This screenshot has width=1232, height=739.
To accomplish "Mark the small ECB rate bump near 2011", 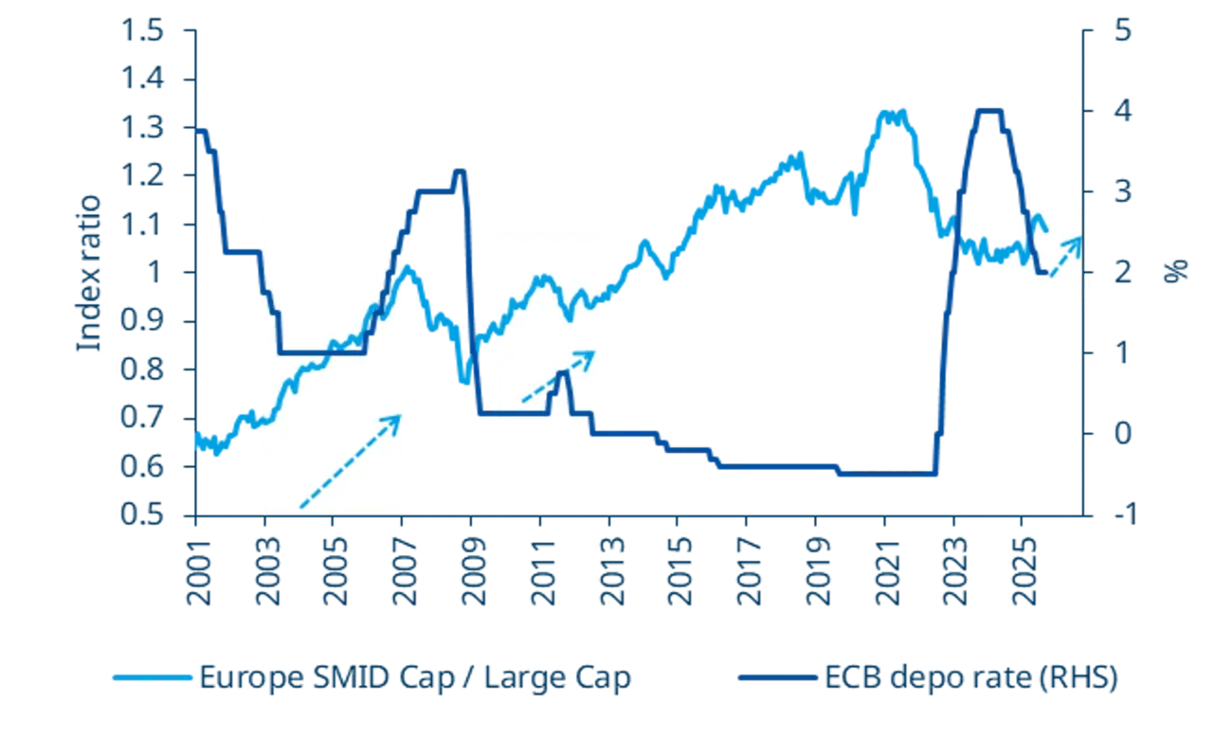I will [x=563, y=375].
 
